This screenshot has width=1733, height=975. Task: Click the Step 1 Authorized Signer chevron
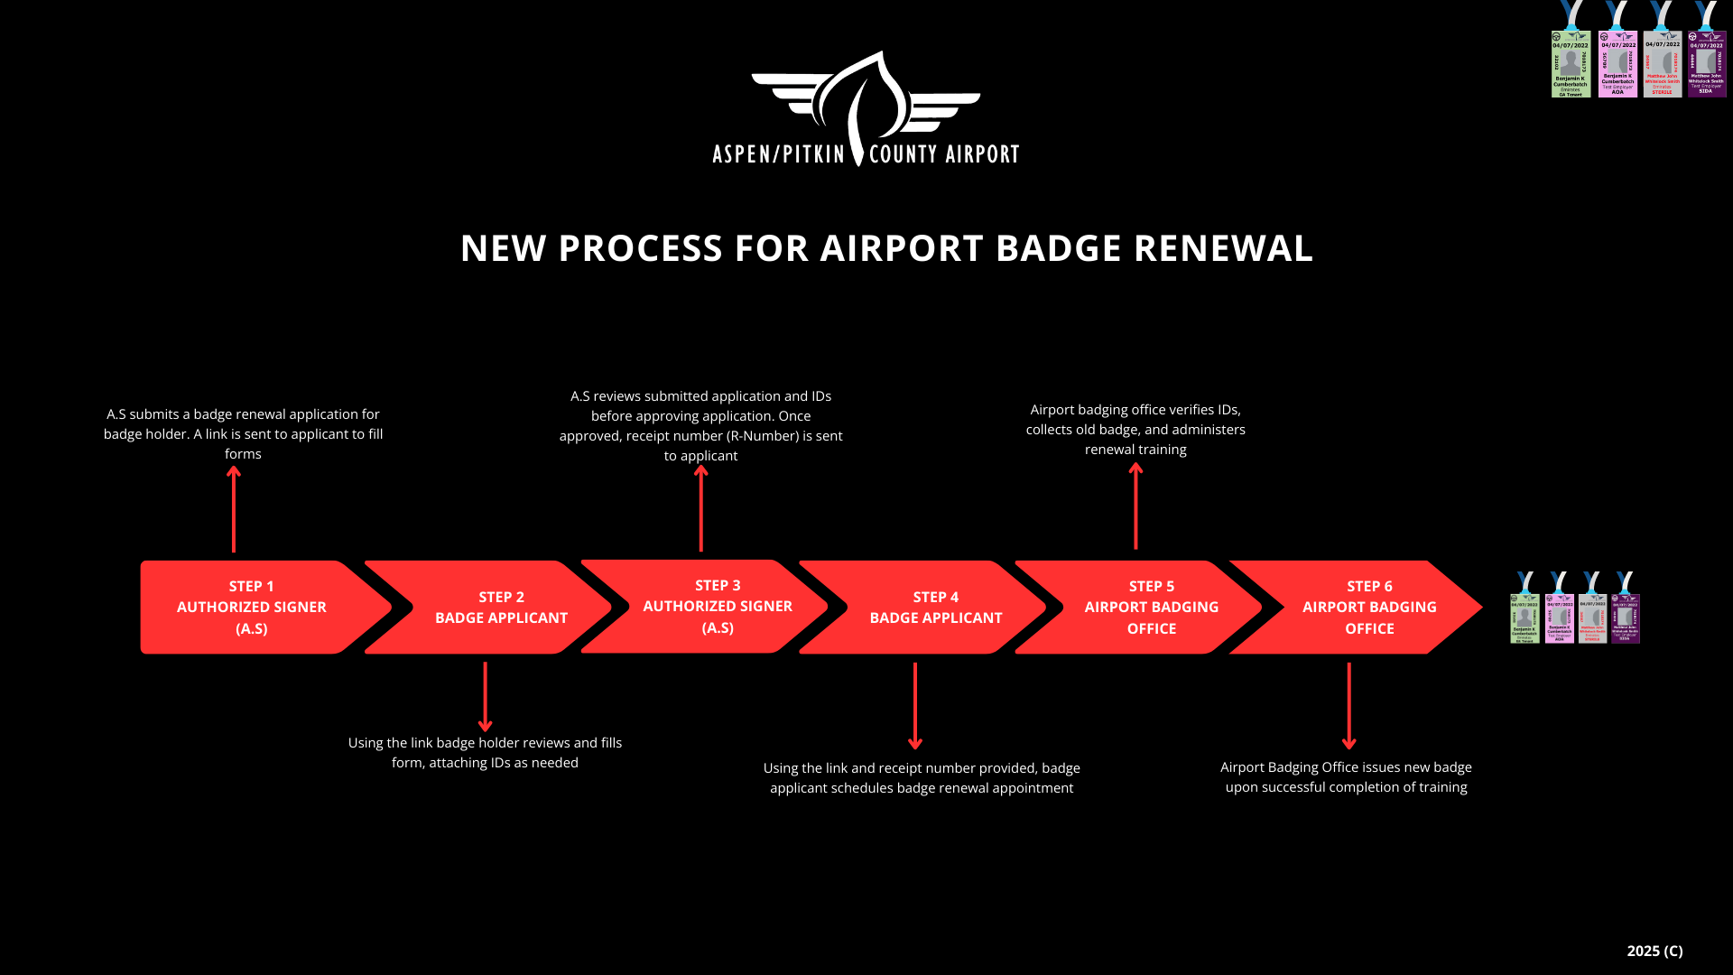tap(251, 608)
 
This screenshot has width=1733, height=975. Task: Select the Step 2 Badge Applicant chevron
tap(501, 608)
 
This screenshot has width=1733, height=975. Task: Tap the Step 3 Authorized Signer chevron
tap(717, 607)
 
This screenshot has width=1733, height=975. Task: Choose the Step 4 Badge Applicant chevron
tap(935, 608)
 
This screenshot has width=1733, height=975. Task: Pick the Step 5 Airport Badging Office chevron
tap(1151, 608)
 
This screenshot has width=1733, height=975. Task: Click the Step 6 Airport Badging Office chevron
tap(1368, 608)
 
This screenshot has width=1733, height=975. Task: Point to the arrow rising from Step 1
tap(234, 509)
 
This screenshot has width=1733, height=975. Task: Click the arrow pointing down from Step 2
tap(485, 696)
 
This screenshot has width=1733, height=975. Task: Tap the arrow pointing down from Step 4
tap(915, 705)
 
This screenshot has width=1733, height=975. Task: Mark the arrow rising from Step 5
tap(1135, 506)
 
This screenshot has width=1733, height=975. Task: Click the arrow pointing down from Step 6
tap(1349, 705)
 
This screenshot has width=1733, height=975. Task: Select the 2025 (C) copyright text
tap(1654, 951)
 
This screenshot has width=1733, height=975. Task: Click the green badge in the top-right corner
tap(1571, 63)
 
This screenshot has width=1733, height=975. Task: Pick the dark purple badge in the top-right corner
tap(1706, 63)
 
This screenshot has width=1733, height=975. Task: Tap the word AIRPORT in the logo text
tap(982, 154)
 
